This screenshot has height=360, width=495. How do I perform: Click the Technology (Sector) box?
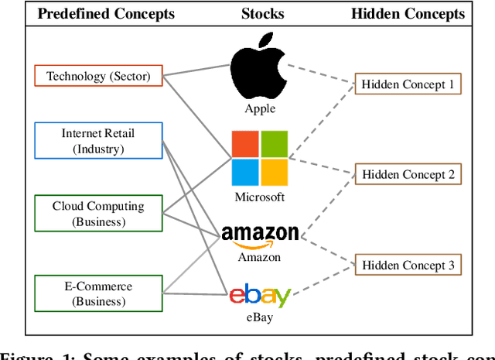(98, 76)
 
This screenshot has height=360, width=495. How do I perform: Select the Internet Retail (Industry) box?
(98, 140)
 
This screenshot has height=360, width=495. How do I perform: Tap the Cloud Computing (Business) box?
(98, 214)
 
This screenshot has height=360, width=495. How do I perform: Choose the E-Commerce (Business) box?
(98, 293)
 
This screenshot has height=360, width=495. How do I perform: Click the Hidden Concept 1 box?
(408, 84)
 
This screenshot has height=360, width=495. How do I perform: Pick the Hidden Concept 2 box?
(408, 174)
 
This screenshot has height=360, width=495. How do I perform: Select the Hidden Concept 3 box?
(408, 266)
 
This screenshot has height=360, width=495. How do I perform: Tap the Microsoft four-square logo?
(260, 158)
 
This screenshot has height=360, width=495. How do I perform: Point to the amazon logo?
(260, 235)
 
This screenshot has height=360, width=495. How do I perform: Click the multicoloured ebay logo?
(260, 295)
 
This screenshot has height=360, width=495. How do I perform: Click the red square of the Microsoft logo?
(246, 143)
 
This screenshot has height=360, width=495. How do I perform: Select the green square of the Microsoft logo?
(275, 143)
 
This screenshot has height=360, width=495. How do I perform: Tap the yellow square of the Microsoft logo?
(275, 172)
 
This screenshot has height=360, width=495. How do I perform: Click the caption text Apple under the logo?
(260, 109)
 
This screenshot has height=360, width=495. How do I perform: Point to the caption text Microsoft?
(260, 197)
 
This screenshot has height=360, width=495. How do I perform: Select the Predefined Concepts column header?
(106, 14)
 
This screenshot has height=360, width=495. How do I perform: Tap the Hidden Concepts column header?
(408, 14)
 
